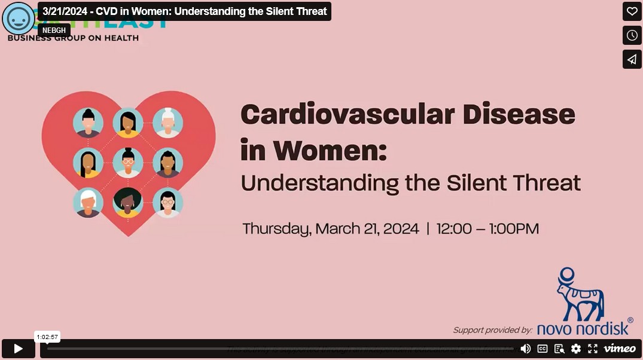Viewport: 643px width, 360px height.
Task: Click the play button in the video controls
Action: click(19, 349)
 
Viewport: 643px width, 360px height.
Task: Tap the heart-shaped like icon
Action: click(632, 11)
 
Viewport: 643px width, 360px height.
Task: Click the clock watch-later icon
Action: click(632, 35)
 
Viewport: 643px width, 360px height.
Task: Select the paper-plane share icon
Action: click(632, 59)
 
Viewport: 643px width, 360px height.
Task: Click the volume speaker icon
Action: click(525, 349)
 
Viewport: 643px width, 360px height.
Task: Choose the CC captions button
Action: click(543, 349)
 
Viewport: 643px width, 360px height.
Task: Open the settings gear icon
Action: click(576, 349)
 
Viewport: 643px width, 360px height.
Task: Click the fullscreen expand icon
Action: click(593, 349)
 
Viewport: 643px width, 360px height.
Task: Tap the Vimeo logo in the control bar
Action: click(619, 349)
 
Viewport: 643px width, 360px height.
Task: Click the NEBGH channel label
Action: click(54, 30)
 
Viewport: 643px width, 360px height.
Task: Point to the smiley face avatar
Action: click(19, 18)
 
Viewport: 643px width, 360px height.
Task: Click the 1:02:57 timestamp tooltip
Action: click(47, 337)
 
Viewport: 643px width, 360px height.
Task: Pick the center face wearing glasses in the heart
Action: click(128, 162)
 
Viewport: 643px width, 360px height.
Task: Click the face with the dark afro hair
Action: click(128, 202)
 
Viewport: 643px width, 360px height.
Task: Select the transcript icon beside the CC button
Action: click(559, 349)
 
